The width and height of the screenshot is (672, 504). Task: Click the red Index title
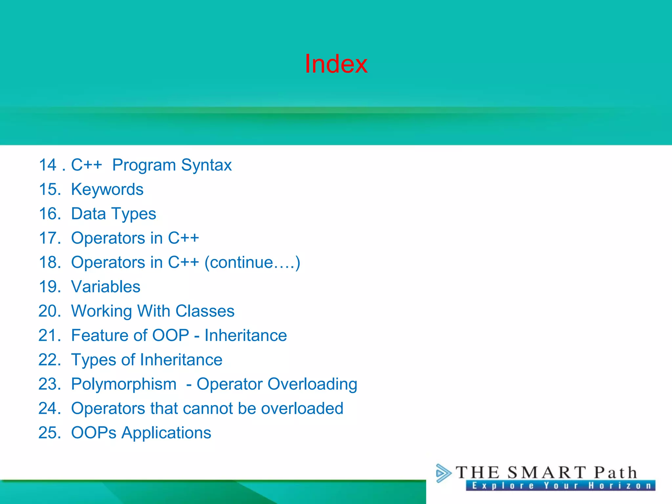(x=336, y=64)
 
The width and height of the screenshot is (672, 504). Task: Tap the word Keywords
(x=107, y=190)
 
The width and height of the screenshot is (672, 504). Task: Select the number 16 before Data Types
(x=49, y=214)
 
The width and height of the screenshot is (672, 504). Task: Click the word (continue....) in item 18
(x=252, y=262)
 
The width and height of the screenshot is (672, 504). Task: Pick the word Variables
(x=106, y=287)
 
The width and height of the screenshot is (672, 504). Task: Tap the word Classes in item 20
(x=205, y=311)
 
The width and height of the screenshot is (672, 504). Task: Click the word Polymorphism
(x=124, y=384)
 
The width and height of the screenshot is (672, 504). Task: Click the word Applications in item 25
(x=166, y=433)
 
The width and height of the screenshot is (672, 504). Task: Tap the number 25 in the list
(x=49, y=433)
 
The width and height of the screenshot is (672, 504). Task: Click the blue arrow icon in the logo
(x=443, y=473)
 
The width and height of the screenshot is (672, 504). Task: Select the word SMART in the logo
(x=546, y=473)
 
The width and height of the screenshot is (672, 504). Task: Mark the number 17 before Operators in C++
(x=49, y=238)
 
